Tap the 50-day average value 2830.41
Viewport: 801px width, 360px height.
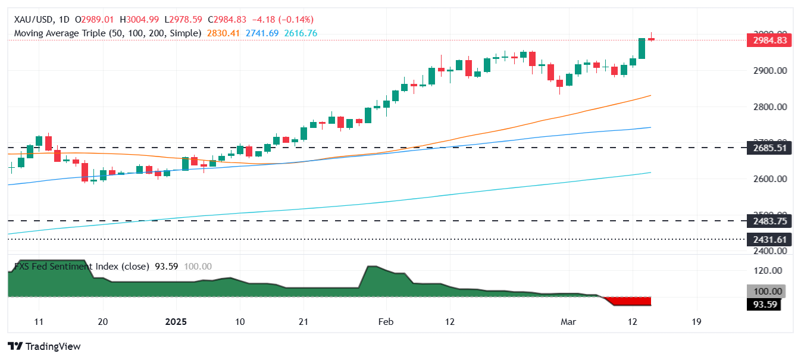point(223,33)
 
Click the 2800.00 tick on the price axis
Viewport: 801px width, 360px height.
point(770,107)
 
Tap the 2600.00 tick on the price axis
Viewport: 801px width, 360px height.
point(770,179)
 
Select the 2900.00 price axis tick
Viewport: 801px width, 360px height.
point(770,71)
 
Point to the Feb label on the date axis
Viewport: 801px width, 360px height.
point(386,322)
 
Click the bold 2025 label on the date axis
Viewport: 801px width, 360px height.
point(176,322)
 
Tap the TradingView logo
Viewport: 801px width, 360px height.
point(44,346)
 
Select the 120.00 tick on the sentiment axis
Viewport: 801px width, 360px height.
point(768,271)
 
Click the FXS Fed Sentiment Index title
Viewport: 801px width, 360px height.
point(80,267)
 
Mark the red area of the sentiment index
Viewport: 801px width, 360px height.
point(631,301)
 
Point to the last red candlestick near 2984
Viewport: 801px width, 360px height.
point(651,39)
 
